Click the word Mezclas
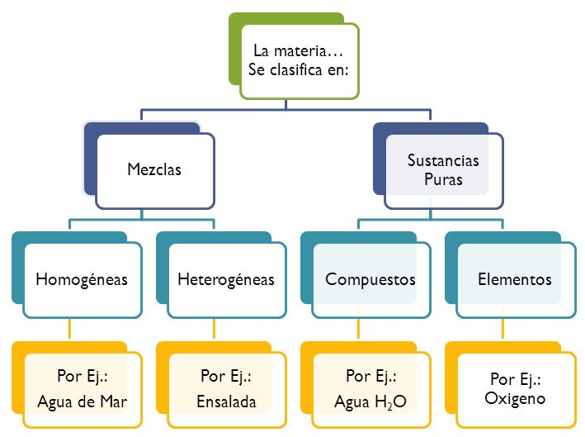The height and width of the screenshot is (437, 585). click(x=154, y=170)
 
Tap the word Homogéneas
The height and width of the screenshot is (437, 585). click(x=82, y=279)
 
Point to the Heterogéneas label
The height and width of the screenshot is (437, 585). click(x=226, y=279)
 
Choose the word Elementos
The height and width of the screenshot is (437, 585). click(x=514, y=279)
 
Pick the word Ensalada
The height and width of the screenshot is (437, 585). click(x=226, y=403)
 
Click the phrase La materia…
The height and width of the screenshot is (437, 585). click(x=298, y=54)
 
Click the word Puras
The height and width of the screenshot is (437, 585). click(x=442, y=179)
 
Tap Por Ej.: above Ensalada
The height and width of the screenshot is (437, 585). click(x=226, y=377)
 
